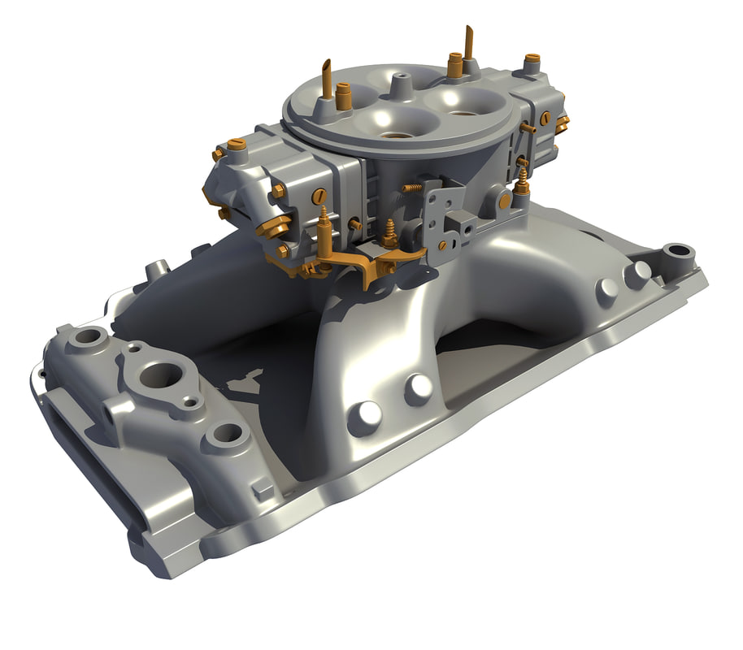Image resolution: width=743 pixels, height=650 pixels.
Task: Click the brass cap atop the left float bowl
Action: (237, 146)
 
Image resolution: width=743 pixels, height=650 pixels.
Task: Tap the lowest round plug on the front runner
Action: (363, 417)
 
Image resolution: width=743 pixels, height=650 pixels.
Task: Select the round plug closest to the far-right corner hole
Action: (637, 274)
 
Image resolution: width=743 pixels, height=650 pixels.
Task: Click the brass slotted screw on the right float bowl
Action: (544, 118)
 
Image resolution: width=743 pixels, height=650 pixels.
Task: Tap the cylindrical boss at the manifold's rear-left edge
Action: (156, 268)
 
